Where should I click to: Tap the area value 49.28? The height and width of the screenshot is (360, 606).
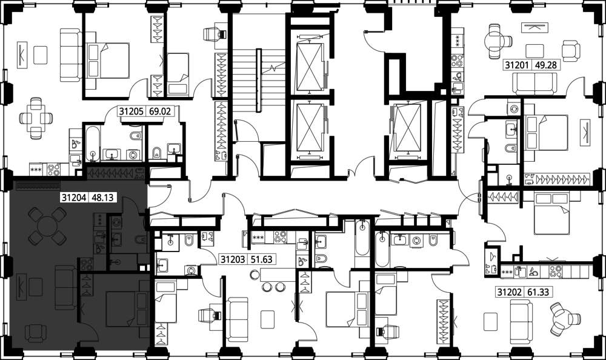click(x=546, y=65)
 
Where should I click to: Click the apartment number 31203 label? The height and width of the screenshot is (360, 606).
click(x=233, y=259)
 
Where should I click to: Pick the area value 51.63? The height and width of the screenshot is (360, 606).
click(x=262, y=259)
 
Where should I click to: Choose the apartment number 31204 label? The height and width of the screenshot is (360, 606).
click(x=73, y=198)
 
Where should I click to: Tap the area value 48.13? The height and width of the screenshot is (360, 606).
click(x=102, y=198)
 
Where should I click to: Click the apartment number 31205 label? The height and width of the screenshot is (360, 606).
click(x=131, y=112)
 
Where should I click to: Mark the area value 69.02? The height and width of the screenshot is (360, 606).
click(x=160, y=112)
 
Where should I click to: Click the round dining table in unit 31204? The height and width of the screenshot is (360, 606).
click(x=47, y=226)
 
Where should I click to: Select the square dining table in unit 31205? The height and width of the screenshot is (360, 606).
click(x=36, y=118)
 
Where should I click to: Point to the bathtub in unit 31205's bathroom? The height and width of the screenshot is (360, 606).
click(x=93, y=143)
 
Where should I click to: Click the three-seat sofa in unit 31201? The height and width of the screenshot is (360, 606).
click(x=534, y=84)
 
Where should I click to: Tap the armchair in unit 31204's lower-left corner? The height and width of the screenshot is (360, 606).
click(x=36, y=333)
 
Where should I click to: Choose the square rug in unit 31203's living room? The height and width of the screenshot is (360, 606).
click(x=267, y=319)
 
